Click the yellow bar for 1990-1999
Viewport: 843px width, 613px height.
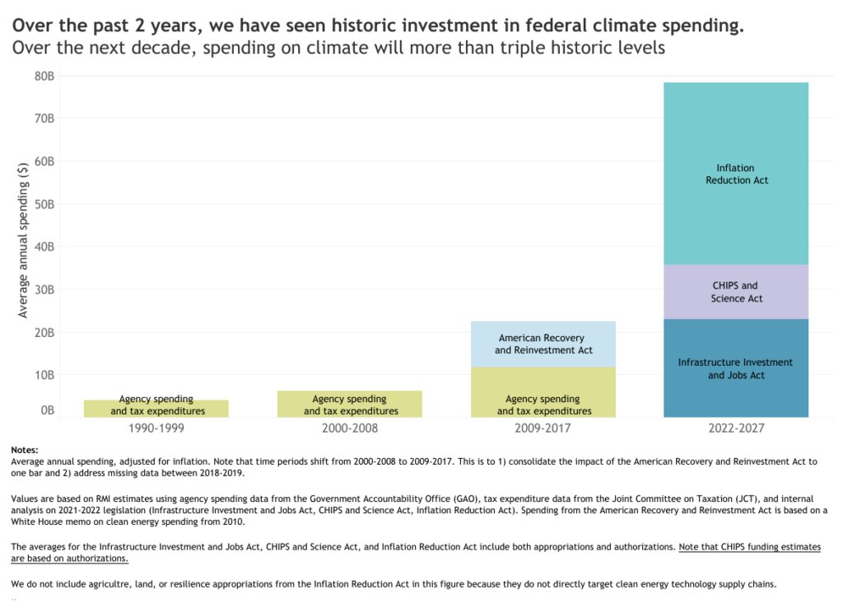tap(157, 409)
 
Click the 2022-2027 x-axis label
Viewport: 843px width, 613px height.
tap(735, 429)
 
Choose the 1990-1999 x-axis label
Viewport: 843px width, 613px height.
tap(157, 429)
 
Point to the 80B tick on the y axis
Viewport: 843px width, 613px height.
tap(44, 76)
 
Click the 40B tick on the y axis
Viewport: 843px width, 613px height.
tap(44, 246)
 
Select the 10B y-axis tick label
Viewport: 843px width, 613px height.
tap(44, 375)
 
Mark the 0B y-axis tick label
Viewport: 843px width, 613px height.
tap(48, 409)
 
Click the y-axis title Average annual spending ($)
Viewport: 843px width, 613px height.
tap(23, 239)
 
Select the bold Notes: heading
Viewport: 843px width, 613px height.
tap(25, 450)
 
